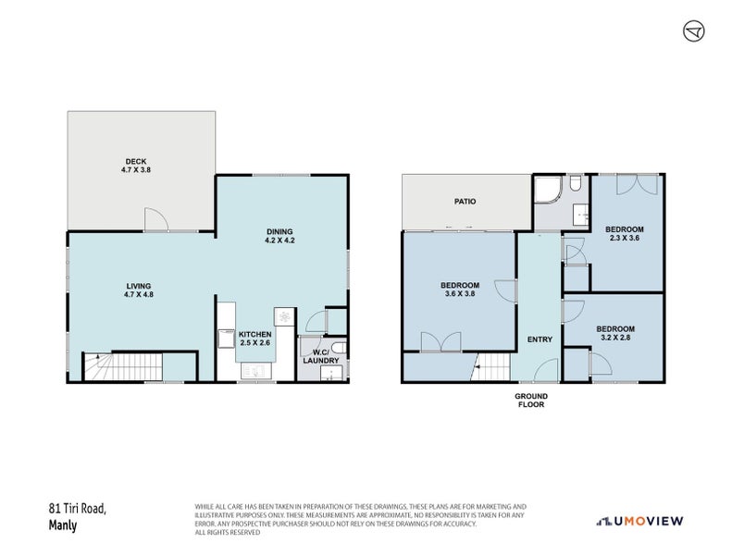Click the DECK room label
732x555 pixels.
(135, 162)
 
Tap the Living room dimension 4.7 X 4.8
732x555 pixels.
(139, 294)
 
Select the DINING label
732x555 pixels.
(279, 231)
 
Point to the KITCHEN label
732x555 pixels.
(254, 334)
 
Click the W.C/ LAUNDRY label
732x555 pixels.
(321, 356)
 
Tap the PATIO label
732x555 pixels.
(465, 202)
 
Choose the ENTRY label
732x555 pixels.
(540, 339)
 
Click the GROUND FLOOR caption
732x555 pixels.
(531, 400)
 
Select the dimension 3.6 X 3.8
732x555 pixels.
(460, 293)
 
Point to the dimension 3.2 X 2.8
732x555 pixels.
(615, 337)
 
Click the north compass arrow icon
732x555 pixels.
(694, 31)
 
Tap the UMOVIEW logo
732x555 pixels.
(640, 521)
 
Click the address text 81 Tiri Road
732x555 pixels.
(78, 508)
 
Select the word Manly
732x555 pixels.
(63, 525)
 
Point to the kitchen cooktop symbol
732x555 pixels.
(284, 316)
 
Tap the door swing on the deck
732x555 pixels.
(155, 219)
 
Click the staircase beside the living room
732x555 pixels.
(123, 367)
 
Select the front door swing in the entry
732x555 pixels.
(546, 370)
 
